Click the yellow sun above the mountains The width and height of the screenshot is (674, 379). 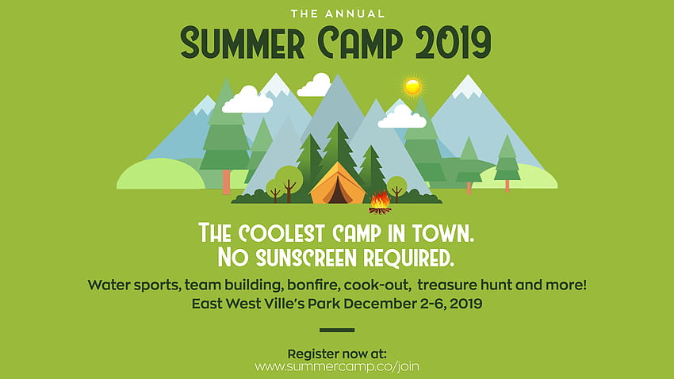tap(412, 87)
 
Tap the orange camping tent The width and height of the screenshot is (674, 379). tap(338, 183)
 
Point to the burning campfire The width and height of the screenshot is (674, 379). tap(380, 203)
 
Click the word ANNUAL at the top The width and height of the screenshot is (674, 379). tap(354, 13)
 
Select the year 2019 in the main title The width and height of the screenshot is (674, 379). tap(453, 43)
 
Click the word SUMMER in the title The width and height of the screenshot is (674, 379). tap(243, 43)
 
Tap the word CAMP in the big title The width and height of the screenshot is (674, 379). tap(360, 43)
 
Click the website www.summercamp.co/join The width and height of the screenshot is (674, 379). tap(337, 366)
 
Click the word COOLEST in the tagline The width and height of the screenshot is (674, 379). tap(281, 233)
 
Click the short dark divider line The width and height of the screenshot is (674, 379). tap(337, 330)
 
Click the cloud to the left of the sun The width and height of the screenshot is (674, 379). tap(314, 85)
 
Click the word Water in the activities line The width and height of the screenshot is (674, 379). tap(109, 285)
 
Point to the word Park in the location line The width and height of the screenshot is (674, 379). tap(324, 304)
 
